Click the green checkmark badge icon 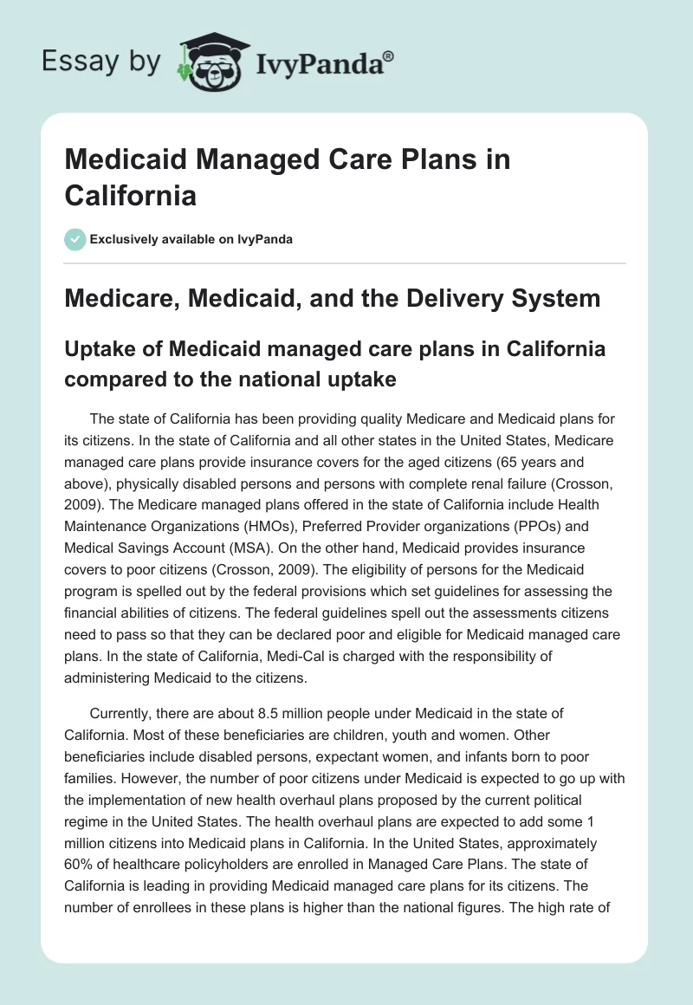[x=75, y=239]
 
